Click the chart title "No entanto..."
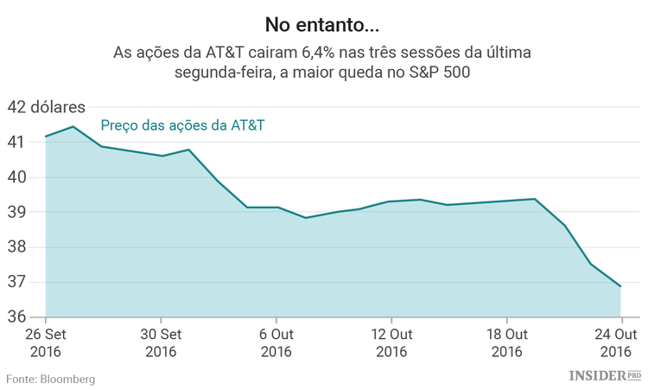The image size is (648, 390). (x=323, y=20)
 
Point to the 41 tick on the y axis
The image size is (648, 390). (x=16, y=142)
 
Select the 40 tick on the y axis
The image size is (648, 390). (x=16, y=177)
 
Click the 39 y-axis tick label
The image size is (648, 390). (x=16, y=212)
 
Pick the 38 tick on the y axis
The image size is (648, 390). (x=16, y=247)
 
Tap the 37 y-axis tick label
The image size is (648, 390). (x=16, y=282)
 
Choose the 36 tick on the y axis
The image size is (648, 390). (x=16, y=317)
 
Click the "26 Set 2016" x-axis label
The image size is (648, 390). (x=45, y=342)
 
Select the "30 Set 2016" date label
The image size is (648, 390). (x=161, y=342)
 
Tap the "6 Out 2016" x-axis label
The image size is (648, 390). (x=276, y=342)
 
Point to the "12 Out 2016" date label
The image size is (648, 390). (x=391, y=342)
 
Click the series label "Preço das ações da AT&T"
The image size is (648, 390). (x=182, y=126)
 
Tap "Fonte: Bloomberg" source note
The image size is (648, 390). (x=51, y=379)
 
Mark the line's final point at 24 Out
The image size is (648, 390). (x=620, y=286)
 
